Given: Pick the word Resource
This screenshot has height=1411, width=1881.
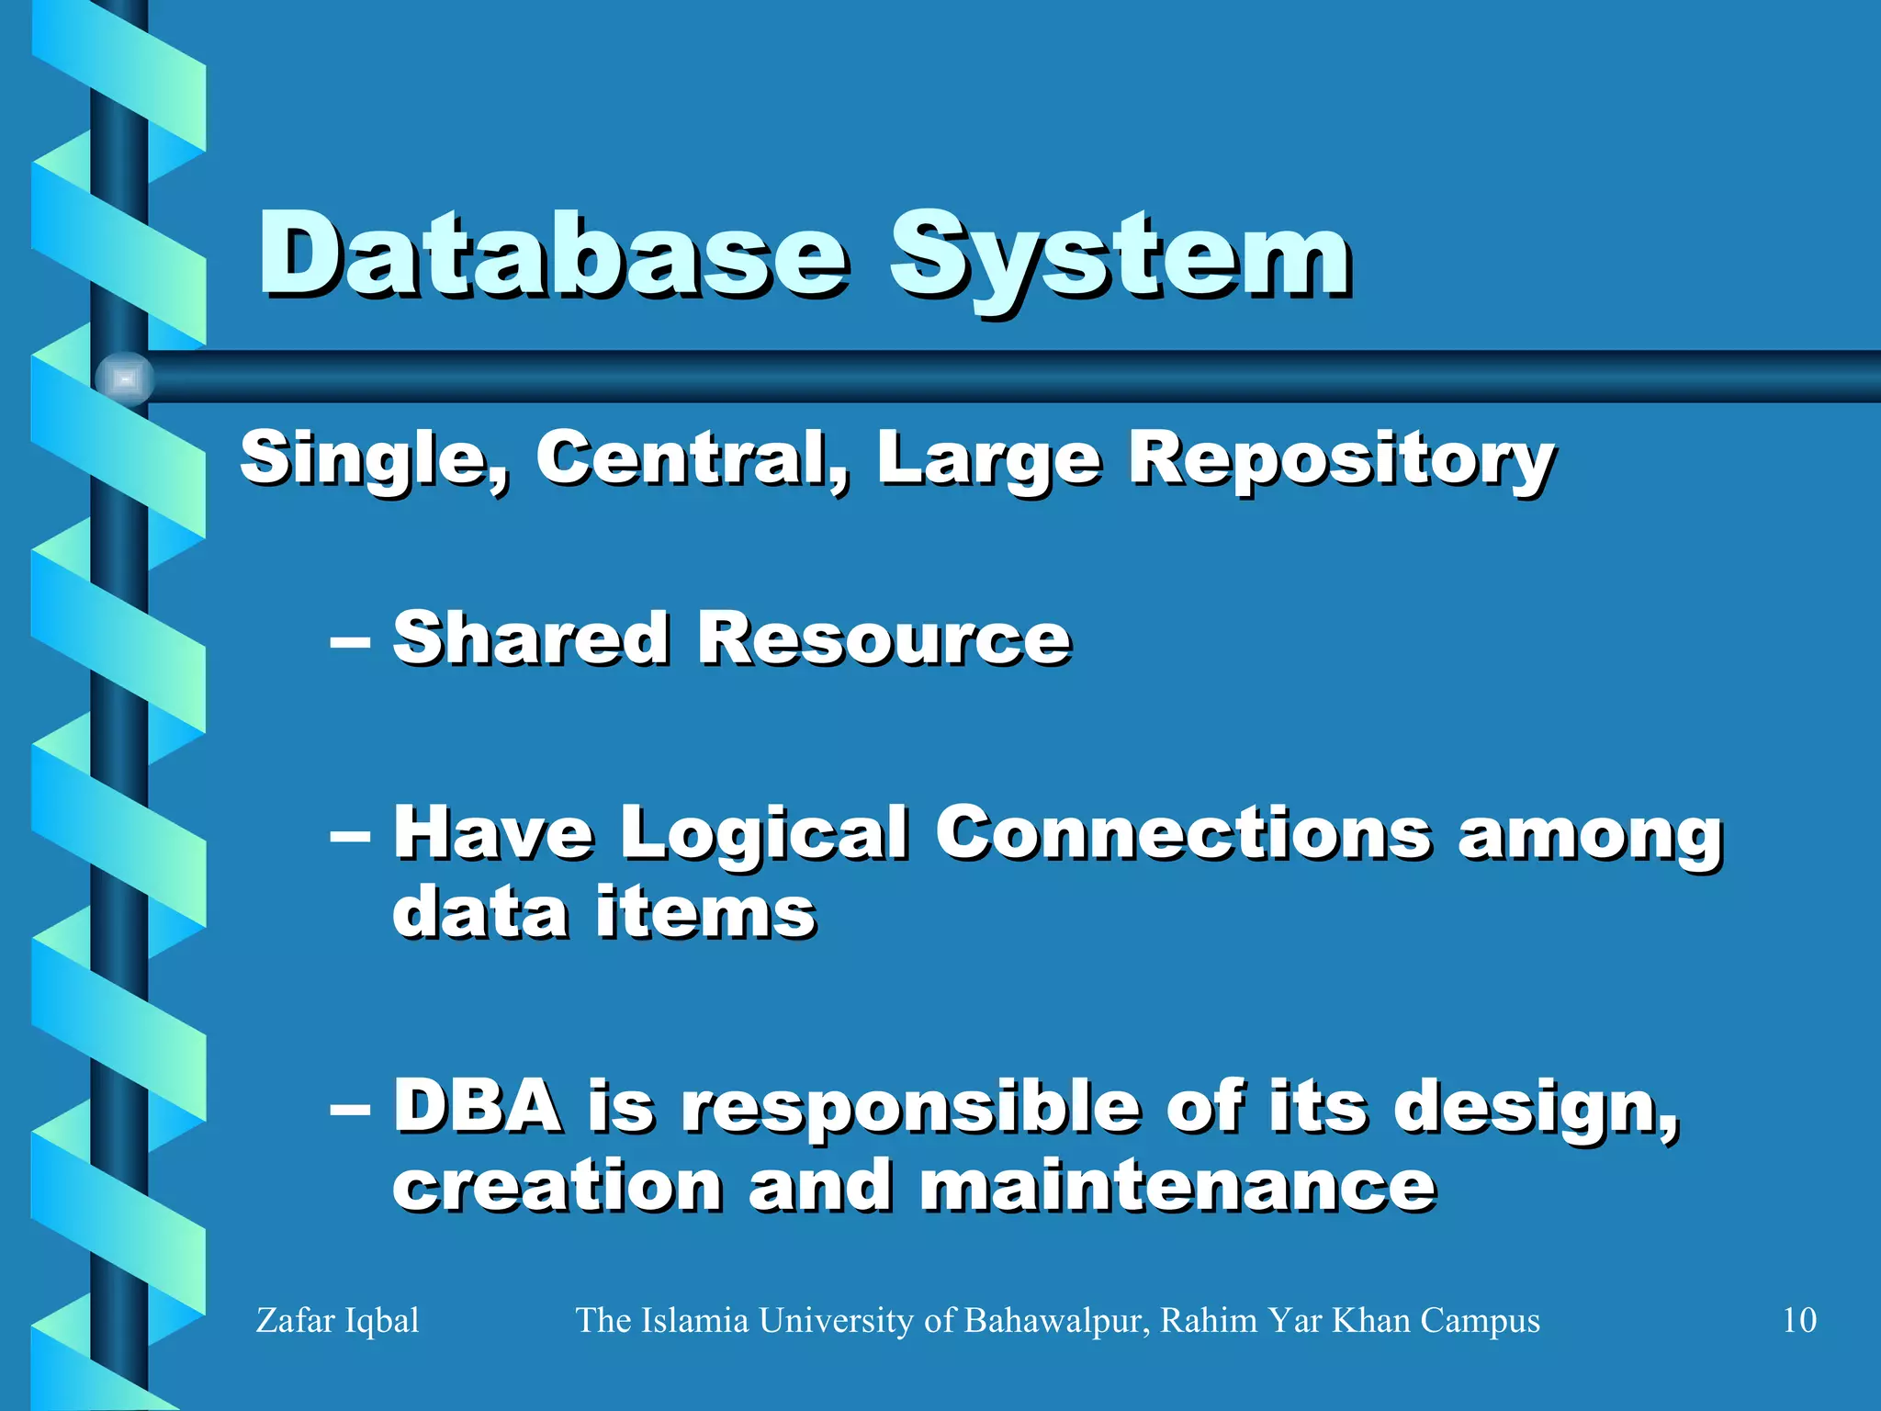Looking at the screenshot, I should tap(884, 638).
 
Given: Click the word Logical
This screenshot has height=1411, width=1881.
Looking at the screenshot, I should tap(764, 833).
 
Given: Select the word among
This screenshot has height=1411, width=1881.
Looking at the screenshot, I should tap(1590, 837).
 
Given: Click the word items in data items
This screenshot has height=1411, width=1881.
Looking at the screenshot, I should tap(704, 913).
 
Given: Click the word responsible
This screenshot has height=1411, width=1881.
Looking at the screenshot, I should tap(910, 1109).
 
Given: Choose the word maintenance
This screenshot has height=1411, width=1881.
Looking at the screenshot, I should tap(1177, 1186).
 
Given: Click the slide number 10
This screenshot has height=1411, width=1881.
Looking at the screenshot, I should tap(1798, 1320).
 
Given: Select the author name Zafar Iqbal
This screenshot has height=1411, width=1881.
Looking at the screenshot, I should tap(337, 1321).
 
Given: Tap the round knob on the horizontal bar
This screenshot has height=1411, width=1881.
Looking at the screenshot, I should tap(124, 378).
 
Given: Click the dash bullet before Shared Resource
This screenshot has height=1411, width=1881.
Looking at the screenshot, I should tap(350, 640).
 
